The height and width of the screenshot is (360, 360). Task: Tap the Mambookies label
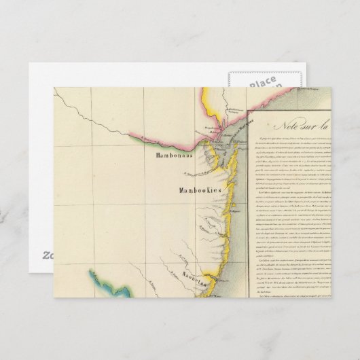[x=201, y=192]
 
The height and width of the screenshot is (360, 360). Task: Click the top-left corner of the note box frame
[x=247, y=109]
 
